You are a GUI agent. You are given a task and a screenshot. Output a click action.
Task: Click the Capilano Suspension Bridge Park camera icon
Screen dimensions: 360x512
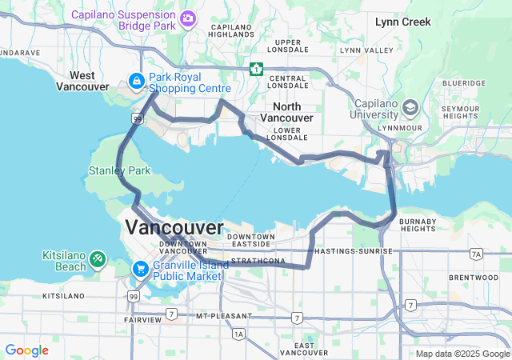coord(188,18)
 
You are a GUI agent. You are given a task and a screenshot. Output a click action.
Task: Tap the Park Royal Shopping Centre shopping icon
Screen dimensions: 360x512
coord(137,81)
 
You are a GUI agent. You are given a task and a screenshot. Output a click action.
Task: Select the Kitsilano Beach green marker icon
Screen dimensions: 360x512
coord(97,259)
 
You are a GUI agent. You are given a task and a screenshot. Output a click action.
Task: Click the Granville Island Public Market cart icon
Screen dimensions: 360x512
coord(140,269)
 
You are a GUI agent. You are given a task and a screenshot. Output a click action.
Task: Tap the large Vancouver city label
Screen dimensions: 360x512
coord(174,228)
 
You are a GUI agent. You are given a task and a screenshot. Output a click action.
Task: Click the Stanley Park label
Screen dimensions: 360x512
coord(119,170)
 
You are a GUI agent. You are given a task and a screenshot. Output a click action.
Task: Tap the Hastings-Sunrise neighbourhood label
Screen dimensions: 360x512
coord(354,251)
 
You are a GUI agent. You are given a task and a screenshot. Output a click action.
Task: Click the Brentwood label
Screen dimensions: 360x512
coord(474,278)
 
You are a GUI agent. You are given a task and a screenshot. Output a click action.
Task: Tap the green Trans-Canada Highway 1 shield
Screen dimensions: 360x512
coord(256,69)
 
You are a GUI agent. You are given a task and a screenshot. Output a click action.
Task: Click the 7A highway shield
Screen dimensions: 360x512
coord(477,254)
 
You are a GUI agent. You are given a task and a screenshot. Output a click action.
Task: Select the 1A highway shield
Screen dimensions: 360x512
coord(239,334)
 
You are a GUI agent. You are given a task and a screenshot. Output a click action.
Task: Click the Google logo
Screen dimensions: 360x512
coord(26,350)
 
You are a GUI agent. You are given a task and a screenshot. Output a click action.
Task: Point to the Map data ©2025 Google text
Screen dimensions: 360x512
coord(462,354)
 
